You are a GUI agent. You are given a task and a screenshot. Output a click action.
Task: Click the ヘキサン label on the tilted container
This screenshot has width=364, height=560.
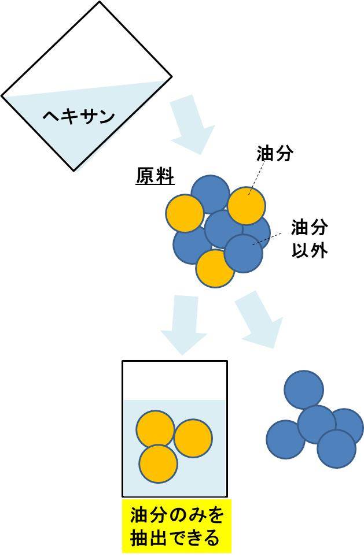click(x=79, y=116)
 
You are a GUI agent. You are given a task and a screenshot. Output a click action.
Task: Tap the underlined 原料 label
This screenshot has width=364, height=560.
click(x=155, y=176)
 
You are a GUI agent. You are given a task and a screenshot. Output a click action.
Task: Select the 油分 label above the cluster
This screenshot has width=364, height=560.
click(x=275, y=153)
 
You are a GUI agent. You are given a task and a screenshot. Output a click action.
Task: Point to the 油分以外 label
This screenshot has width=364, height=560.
click(x=310, y=239)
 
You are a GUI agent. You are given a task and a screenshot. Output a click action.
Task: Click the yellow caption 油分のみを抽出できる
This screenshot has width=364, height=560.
click(x=177, y=526)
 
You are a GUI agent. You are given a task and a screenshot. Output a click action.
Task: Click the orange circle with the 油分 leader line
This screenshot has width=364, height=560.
click(x=247, y=205)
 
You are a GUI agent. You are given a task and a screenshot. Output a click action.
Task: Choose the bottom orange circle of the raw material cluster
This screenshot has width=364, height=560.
click(x=214, y=269)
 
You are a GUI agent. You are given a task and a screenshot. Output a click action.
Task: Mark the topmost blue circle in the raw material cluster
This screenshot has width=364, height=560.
click(x=209, y=192)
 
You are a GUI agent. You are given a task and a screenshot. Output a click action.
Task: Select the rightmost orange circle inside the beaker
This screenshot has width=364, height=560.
click(x=193, y=438)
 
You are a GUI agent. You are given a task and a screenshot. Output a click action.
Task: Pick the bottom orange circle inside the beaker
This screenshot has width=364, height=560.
click(x=158, y=463)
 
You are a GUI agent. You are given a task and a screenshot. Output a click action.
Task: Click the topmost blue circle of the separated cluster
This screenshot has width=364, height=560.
click(x=304, y=390)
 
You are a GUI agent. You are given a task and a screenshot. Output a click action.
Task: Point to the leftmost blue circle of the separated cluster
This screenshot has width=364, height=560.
click(x=285, y=440)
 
